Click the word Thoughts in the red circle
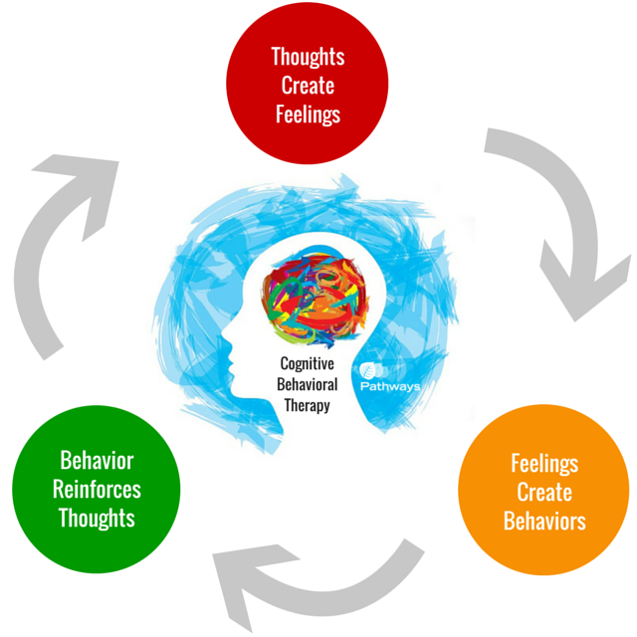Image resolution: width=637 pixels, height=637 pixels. click(x=307, y=57)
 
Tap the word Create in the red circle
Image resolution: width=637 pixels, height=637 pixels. click(x=307, y=86)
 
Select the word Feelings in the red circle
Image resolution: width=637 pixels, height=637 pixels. click(x=307, y=113)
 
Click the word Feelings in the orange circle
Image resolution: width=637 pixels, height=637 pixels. click(x=544, y=463)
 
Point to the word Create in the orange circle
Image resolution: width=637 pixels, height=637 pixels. click(x=544, y=492)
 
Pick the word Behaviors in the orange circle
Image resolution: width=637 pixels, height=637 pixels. click(x=544, y=521)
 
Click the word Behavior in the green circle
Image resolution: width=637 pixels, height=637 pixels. click(x=97, y=461)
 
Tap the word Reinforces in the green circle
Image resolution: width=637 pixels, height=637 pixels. click(x=97, y=490)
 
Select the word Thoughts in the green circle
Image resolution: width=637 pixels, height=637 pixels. click(x=97, y=518)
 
